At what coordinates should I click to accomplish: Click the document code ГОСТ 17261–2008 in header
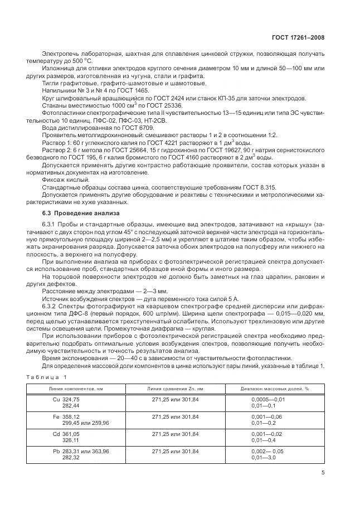pyautogui.click(x=298, y=37)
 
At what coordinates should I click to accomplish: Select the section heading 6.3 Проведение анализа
pyautogui.click(x=77, y=214)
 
